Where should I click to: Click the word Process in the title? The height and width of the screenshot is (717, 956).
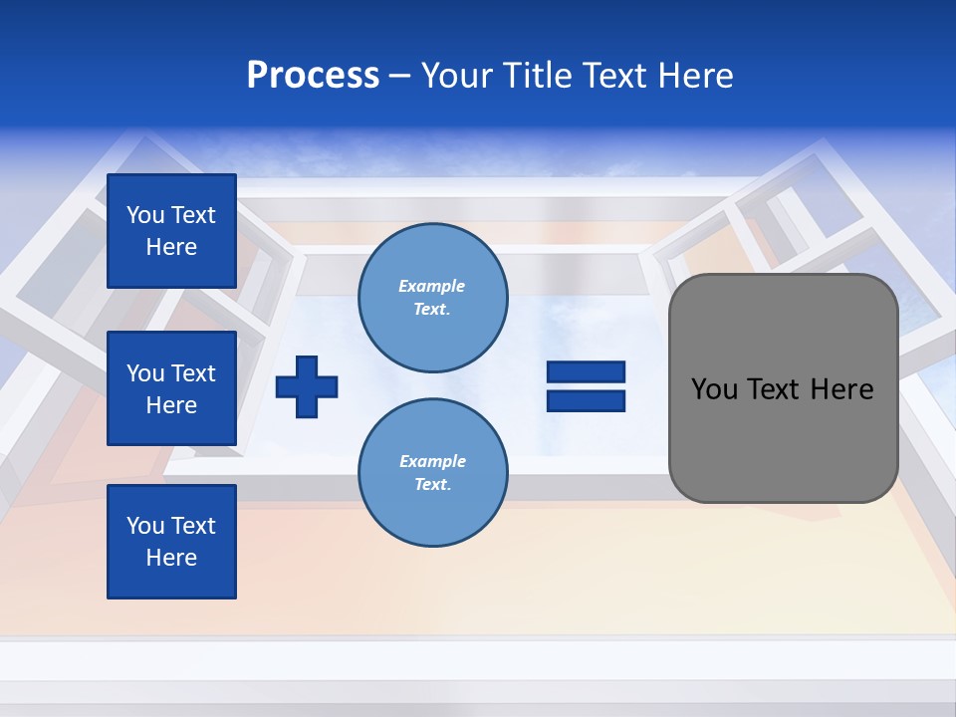click(313, 76)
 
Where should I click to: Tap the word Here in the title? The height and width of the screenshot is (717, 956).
click(694, 76)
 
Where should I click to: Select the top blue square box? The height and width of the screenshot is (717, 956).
click(171, 231)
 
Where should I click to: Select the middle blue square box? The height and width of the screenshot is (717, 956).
click(171, 388)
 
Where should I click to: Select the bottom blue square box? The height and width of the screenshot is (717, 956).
click(171, 541)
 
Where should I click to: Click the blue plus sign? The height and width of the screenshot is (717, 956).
click(307, 386)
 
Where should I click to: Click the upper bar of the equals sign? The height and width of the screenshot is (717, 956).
click(586, 372)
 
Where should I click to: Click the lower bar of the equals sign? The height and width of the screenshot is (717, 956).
click(586, 400)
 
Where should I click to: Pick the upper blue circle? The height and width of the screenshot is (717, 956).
click(433, 298)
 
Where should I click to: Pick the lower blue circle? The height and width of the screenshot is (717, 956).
click(433, 473)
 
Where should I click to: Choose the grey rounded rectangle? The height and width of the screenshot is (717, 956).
click(783, 388)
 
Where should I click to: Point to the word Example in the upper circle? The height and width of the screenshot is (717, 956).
click(432, 286)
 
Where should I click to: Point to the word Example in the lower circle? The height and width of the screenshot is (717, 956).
click(432, 461)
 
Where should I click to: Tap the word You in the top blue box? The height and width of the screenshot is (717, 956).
click(144, 215)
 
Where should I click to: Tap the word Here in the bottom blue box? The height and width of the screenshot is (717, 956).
click(171, 558)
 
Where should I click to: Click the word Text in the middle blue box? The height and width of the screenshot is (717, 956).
click(193, 373)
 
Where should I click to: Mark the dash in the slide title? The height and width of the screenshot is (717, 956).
click(400, 76)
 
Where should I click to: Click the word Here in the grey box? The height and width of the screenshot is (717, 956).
click(841, 389)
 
